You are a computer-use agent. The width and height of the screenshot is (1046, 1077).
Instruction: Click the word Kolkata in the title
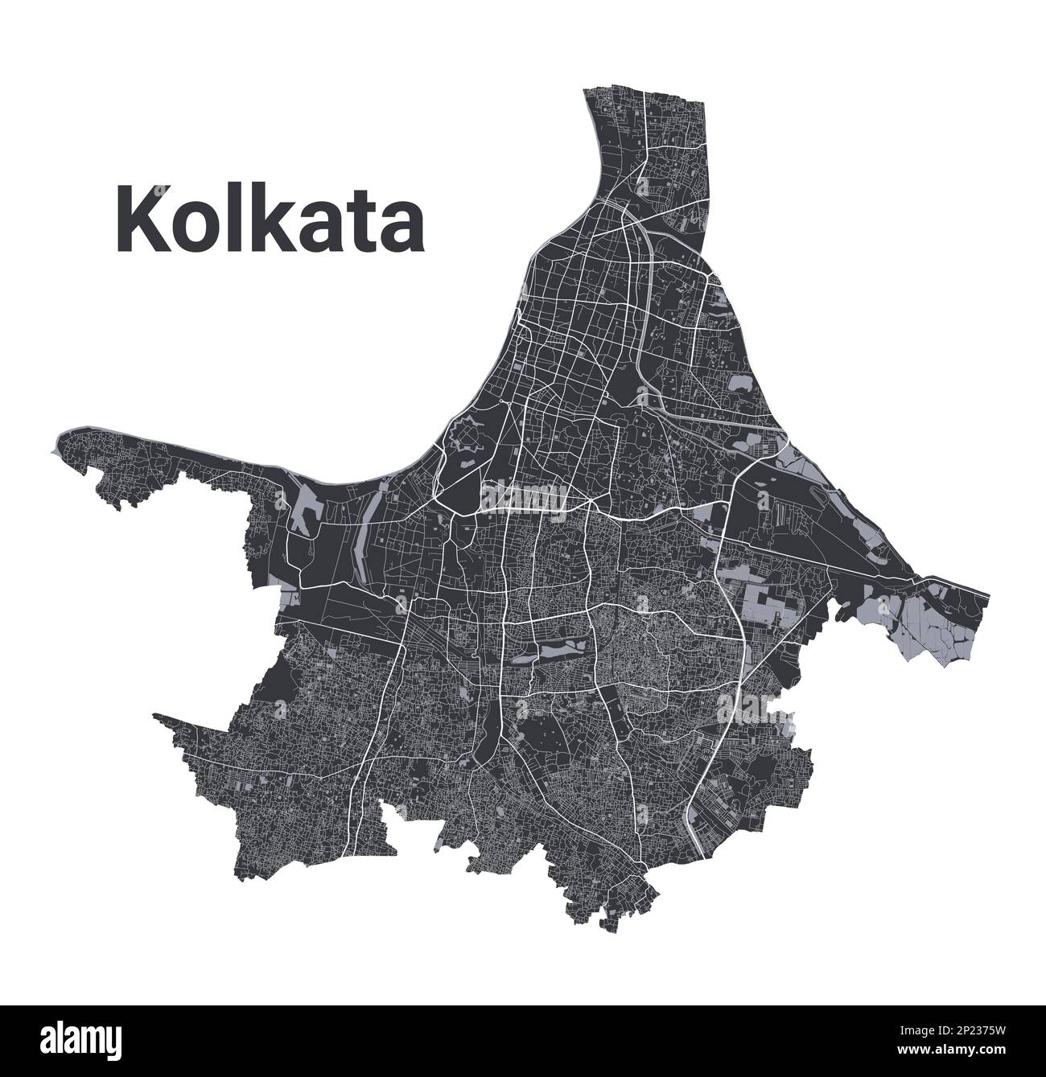(x=271, y=219)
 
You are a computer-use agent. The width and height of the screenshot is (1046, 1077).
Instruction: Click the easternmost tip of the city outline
(x=988, y=597)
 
